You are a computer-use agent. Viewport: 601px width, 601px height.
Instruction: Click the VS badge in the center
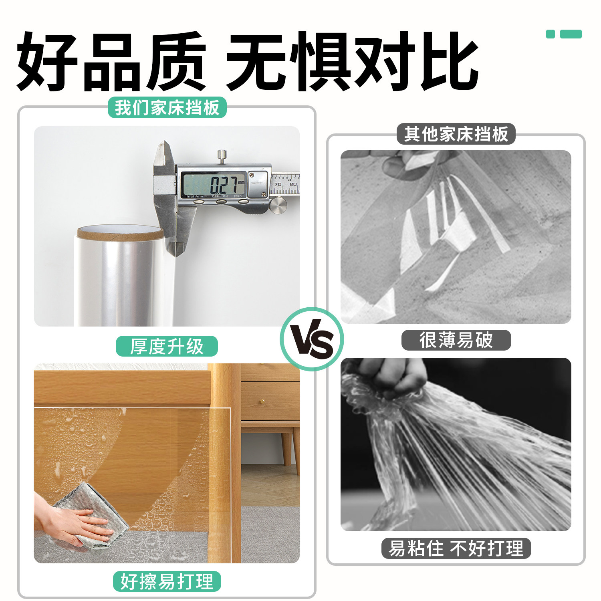(x=312, y=339)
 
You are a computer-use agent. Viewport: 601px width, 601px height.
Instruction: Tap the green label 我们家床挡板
(x=167, y=108)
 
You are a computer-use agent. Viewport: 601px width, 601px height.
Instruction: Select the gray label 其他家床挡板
(x=456, y=134)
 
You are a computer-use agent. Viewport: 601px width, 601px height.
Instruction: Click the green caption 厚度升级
(x=167, y=346)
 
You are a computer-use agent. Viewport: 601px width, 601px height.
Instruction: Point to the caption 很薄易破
(x=456, y=340)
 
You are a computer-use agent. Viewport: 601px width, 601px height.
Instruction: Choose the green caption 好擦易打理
(x=167, y=581)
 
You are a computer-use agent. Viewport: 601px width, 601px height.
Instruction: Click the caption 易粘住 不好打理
(x=456, y=548)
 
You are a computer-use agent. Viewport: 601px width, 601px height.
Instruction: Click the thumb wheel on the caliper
(x=278, y=205)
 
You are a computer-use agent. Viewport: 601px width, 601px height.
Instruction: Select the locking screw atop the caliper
(x=222, y=155)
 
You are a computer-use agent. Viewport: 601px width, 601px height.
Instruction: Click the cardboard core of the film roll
(x=120, y=232)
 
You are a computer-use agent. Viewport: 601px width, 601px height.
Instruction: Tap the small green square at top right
(x=551, y=34)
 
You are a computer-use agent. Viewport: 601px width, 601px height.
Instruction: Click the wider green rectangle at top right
(x=571, y=34)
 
